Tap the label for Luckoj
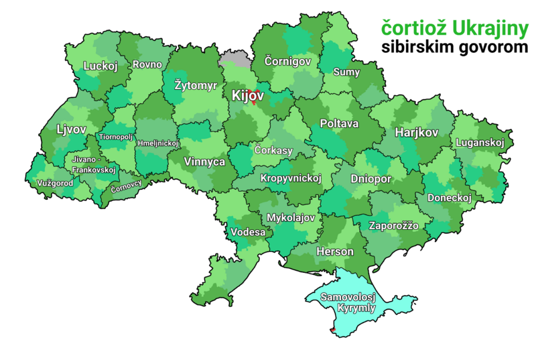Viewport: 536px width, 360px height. (100, 66)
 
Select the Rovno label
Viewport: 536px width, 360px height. (147, 64)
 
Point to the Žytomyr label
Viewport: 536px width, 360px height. (195, 86)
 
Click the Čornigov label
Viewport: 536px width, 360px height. (287, 61)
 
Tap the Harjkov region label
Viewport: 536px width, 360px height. (416, 132)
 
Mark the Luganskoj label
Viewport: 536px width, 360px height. (480, 143)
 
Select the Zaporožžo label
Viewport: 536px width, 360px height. (394, 226)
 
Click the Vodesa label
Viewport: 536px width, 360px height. (248, 232)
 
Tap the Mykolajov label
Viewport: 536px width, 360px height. (291, 218)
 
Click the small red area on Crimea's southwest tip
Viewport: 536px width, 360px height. (333, 330)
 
